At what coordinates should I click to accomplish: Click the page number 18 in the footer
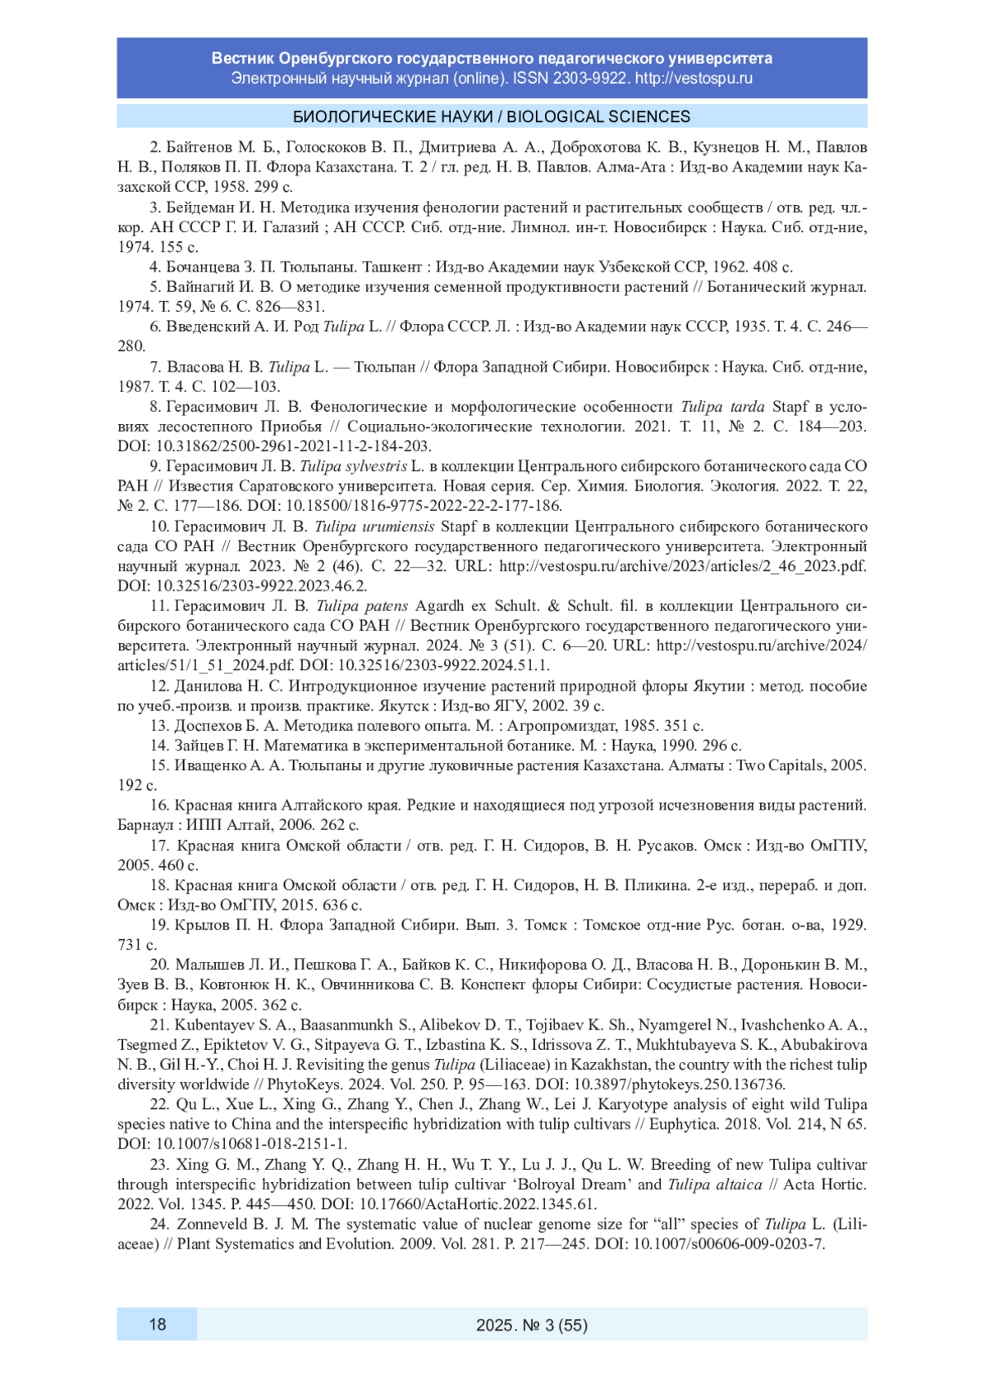(157, 1324)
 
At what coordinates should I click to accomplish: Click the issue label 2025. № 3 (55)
(531, 1325)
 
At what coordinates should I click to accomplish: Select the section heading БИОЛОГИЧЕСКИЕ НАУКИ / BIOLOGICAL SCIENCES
(492, 116)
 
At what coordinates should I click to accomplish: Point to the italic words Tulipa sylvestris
(353, 466)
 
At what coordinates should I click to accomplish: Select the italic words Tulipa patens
(362, 605)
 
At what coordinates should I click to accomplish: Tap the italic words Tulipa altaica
(715, 1184)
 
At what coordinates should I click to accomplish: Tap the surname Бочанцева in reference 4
(202, 267)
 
